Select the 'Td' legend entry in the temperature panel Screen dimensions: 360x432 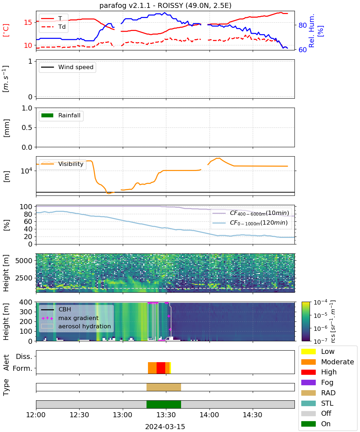(x=53, y=27)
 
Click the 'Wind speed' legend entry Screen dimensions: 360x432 (x=67, y=67)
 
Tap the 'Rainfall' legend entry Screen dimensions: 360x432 (x=60, y=115)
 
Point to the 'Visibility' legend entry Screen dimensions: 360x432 (x=62, y=164)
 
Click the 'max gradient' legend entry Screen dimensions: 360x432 (x=70, y=318)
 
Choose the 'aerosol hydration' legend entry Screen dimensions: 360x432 (x=76, y=326)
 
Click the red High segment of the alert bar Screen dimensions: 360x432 (x=161, y=368)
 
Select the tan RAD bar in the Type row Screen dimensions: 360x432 (x=164, y=387)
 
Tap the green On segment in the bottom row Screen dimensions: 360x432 (x=164, y=404)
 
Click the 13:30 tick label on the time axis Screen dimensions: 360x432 (x=166, y=415)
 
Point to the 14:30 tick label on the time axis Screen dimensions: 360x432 (x=252, y=415)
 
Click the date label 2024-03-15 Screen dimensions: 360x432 (x=165, y=426)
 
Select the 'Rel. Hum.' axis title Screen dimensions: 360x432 (x=312, y=31)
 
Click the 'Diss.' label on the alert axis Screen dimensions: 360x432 (x=24, y=356)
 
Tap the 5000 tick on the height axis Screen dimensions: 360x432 (x=24, y=261)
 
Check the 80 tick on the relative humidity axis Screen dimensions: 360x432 (x=302, y=25)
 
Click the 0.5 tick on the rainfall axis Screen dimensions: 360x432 (x=27, y=127)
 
